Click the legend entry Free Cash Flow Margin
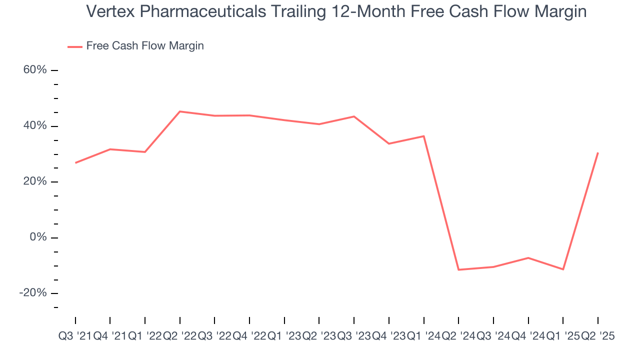(145, 46)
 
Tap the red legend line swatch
(75, 46)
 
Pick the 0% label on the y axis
(38, 237)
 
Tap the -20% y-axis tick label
(33, 293)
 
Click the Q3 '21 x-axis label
(75, 336)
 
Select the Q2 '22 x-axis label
(179, 336)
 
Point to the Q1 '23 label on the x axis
(284, 336)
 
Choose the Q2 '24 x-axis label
(458, 336)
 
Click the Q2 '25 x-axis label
(597, 336)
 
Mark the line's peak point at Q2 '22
(179, 111)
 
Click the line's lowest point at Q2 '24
(458, 270)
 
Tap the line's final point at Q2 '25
(598, 153)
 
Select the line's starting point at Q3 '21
(75, 163)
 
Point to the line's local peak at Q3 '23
(354, 116)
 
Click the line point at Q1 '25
(563, 269)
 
